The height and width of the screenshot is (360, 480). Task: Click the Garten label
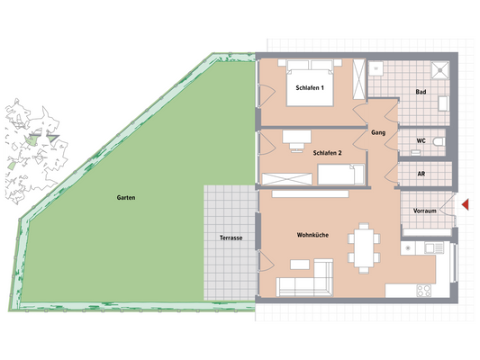click(125, 196)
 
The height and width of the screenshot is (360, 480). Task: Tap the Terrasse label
click(231, 238)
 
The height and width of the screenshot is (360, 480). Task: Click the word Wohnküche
click(312, 236)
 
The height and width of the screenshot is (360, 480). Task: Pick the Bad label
click(421, 93)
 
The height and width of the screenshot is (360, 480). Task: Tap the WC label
click(421, 141)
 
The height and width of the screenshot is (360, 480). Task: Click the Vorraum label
click(424, 211)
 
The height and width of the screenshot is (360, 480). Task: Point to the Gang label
click(378, 132)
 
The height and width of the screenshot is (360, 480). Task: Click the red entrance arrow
click(466, 206)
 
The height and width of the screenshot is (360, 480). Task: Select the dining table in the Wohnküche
click(364, 247)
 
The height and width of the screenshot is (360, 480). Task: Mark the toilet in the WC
click(438, 141)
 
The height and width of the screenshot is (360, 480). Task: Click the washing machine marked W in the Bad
click(376, 67)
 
